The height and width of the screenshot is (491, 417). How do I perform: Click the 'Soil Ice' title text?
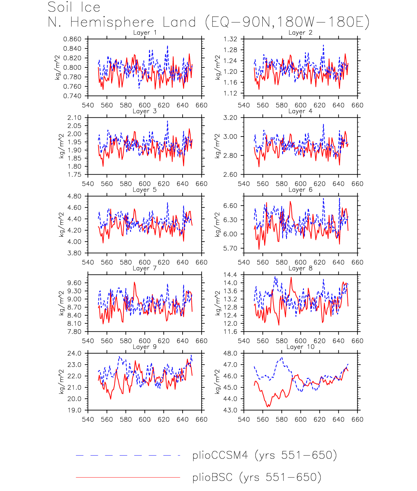click(x=74, y=7)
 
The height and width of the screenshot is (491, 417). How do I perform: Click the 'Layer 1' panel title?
click(x=145, y=33)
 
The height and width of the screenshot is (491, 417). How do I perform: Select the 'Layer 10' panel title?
click(x=300, y=347)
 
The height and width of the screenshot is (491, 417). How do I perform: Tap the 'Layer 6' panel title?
click(x=300, y=190)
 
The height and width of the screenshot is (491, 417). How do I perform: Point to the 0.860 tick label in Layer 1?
click(x=72, y=39)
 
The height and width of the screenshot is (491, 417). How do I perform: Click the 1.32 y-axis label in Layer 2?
click(x=230, y=39)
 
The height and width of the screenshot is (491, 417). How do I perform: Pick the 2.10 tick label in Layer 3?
click(x=74, y=118)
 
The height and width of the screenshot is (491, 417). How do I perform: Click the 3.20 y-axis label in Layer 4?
click(x=230, y=118)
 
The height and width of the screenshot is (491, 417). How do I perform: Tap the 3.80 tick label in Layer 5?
click(x=74, y=253)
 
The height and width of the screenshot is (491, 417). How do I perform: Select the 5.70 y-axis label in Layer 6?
click(x=230, y=248)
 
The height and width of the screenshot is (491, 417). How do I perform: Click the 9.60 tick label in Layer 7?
click(x=74, y=283)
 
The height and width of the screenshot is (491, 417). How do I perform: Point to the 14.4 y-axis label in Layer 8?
click(x=230, y=275)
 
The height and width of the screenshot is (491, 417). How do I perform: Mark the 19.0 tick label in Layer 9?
click(x=74, y=410)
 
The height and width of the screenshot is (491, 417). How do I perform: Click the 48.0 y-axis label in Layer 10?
click(x=230, y=353)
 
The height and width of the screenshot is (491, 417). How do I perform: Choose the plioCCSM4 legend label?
click(x=264, y=455)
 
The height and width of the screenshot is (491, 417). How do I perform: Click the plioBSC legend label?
click(x=257, y=477)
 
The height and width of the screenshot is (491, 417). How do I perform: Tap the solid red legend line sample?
click(x=128, y=477)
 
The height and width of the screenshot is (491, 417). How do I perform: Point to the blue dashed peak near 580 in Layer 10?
click(x=282, y=358)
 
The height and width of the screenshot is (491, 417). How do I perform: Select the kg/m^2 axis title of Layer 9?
click(x=61, y=382)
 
